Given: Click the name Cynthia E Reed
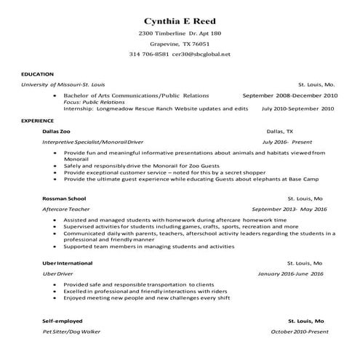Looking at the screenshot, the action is (180, 20).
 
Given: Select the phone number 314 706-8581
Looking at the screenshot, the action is (149, 55).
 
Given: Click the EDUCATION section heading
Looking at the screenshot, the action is (37, 74).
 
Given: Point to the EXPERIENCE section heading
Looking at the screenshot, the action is (38, 119).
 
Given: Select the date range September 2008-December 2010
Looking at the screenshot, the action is (289, 95).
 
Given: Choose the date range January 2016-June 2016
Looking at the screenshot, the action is (291, 273).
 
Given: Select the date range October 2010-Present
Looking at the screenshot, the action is (299, 332).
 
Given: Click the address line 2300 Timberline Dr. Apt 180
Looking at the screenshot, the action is (180, 33).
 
